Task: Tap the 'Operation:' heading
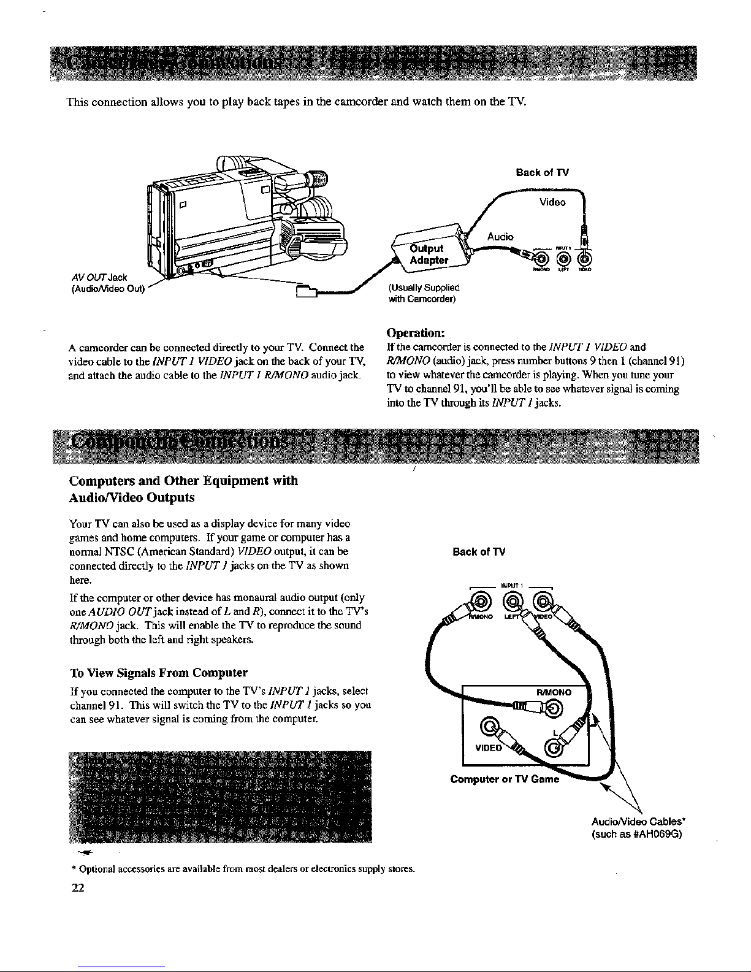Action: pos(416,333)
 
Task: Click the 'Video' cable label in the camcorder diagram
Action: pos(552,202)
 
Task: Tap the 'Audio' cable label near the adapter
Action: pos(501,237)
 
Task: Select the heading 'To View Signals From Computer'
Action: pos(159,672)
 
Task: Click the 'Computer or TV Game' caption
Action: pos(505,779)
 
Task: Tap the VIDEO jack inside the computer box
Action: pos(490,728)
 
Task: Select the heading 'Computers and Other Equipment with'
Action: pos(185,481)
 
